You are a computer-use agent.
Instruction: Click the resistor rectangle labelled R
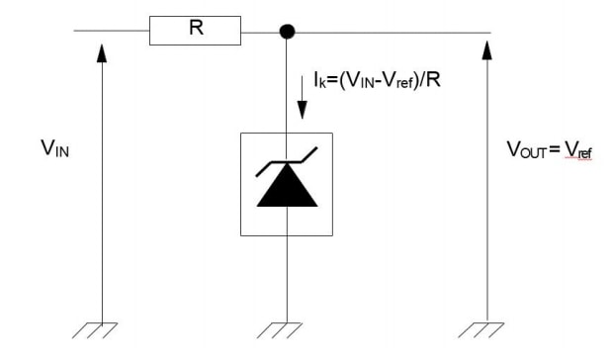[x=195, y=31]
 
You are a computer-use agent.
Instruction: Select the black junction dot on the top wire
[x=287, y=32]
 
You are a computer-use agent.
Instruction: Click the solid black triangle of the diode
[x=287, y=191]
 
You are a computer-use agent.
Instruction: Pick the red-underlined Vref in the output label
[x=578, y=150]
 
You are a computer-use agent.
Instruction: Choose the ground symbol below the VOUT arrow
[x=486, y=328]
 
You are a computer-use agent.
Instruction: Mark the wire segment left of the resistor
[x=111, y=32]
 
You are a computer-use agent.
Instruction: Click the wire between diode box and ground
[x=287, y=277]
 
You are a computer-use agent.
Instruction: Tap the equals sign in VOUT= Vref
[x=557, y=150]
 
